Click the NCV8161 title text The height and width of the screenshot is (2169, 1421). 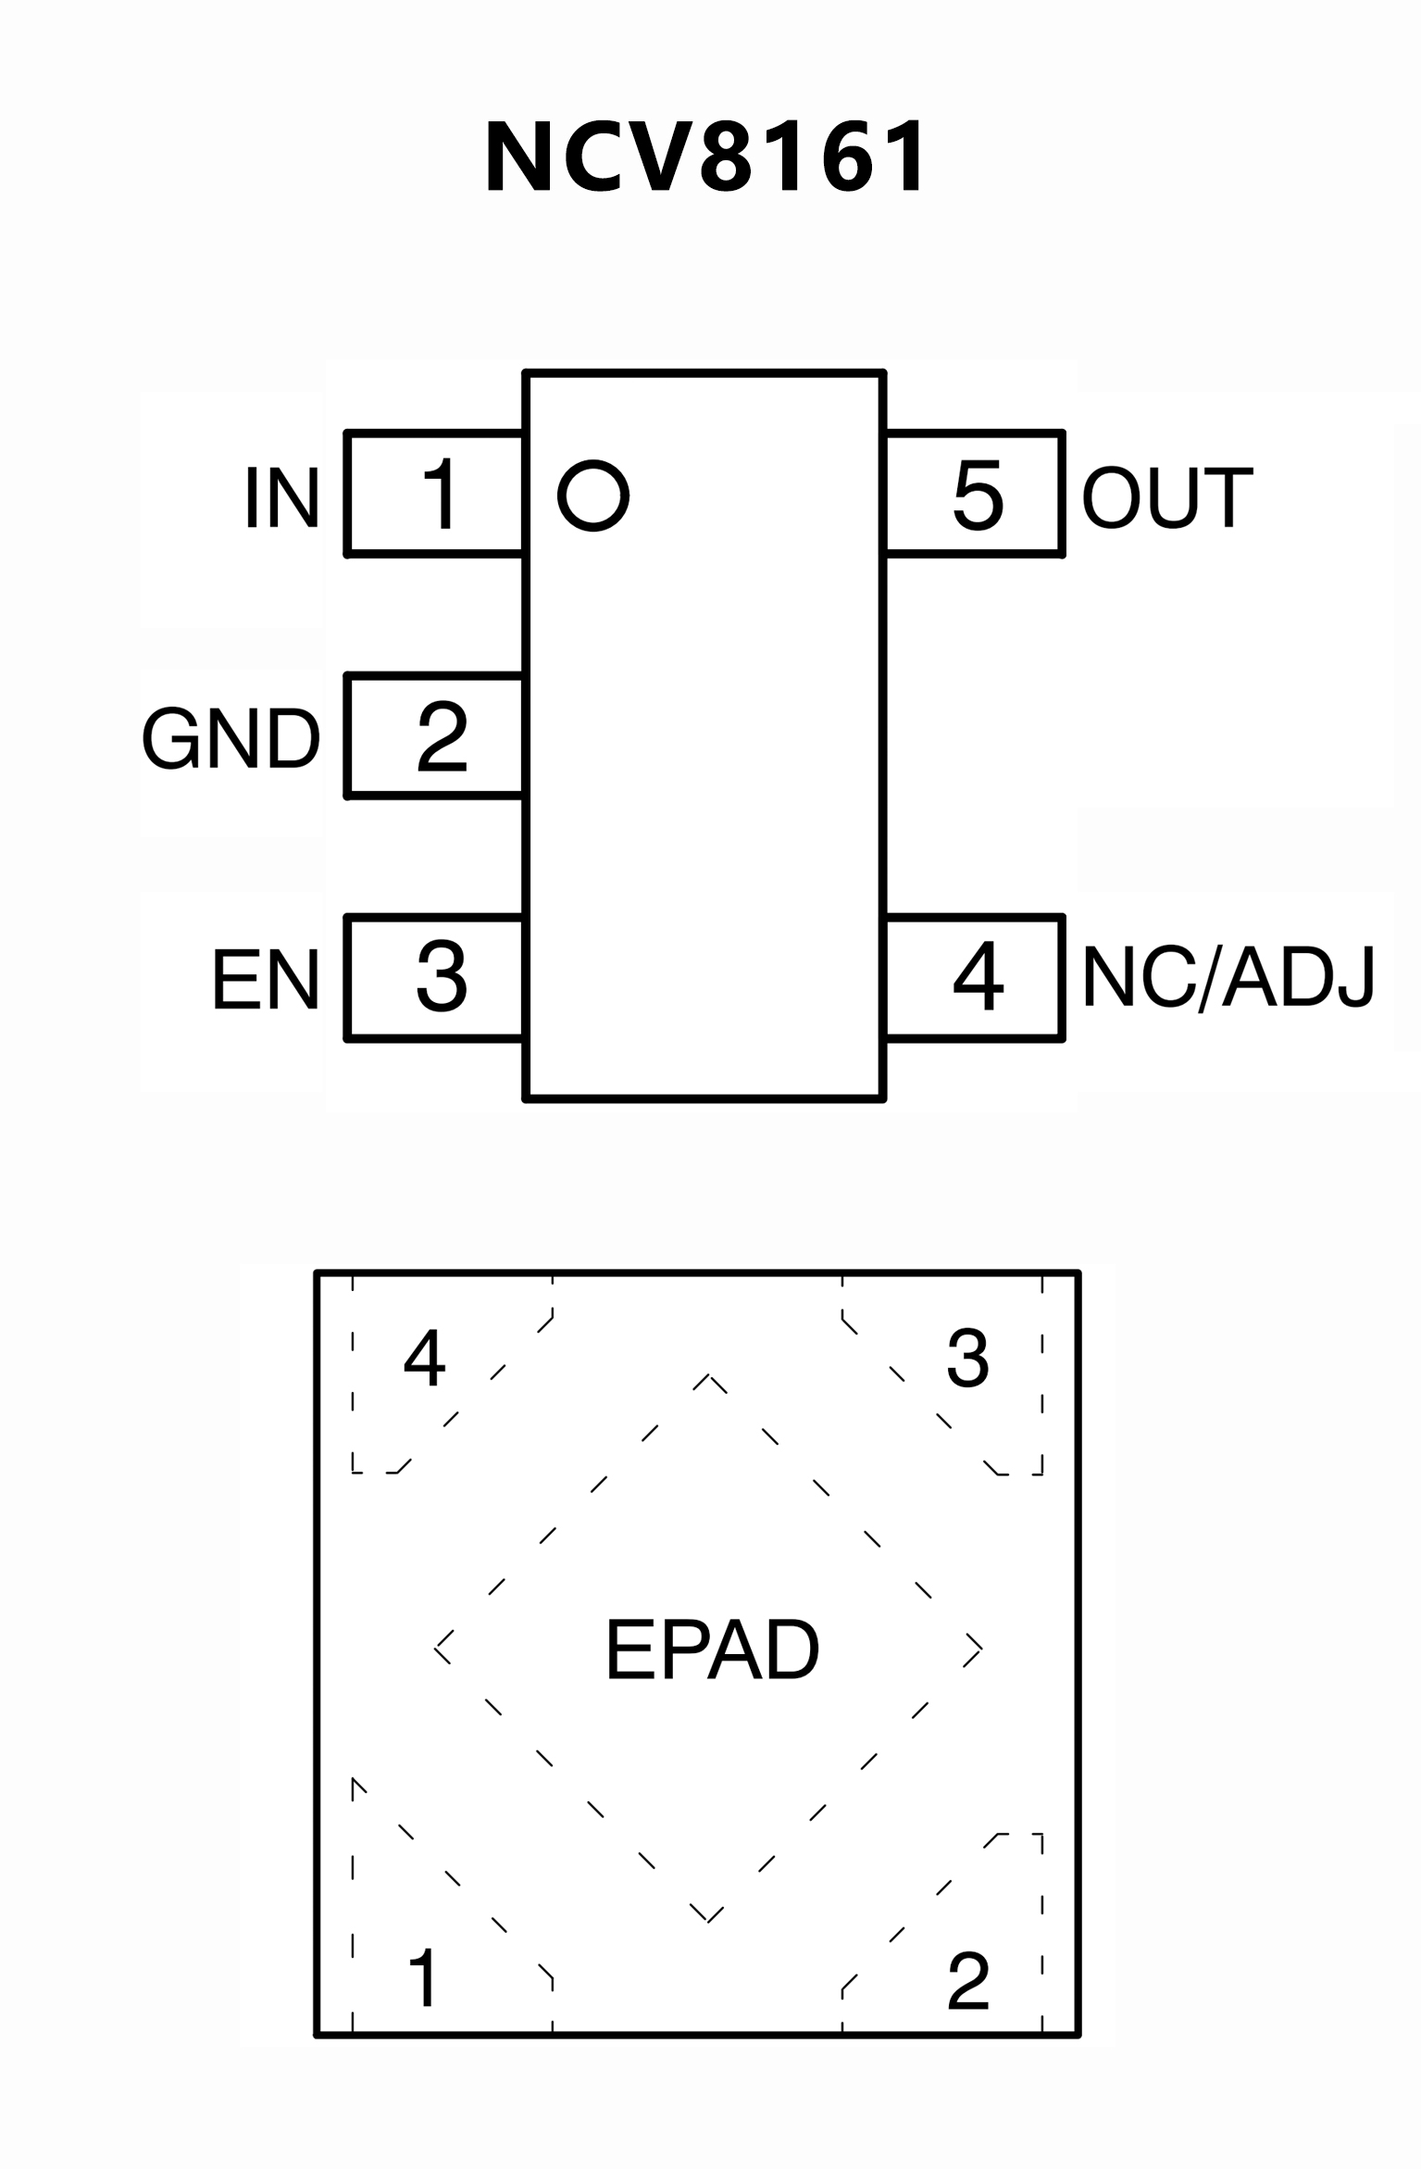tap(705, 157)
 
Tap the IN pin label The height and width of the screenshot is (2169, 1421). tap(281, 497)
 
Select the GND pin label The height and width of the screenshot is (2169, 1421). tap(231, 738)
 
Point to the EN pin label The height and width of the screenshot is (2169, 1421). tap(266, 979)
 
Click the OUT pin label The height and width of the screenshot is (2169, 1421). tap(1167, 497)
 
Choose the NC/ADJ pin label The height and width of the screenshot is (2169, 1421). tap(1228, 978)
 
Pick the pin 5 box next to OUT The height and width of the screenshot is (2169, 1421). tap(974, 494)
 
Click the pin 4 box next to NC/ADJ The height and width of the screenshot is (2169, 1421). tap(974, 978)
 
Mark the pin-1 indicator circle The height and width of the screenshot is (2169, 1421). tap(593, 495)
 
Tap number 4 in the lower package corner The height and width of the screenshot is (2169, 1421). tap(425, 1359)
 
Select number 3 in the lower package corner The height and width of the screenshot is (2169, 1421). tap(968, 1359)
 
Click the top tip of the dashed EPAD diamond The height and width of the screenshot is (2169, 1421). tap(709, 1376)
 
